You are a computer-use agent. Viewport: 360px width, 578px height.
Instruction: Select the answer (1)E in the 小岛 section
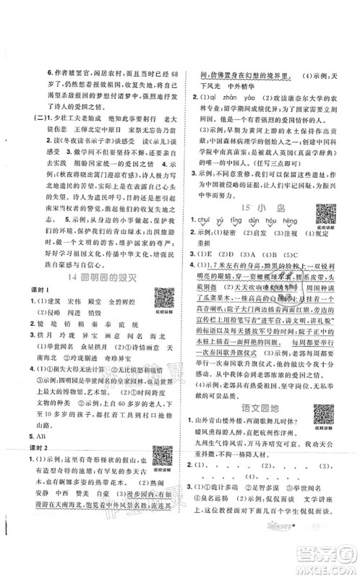204,254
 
